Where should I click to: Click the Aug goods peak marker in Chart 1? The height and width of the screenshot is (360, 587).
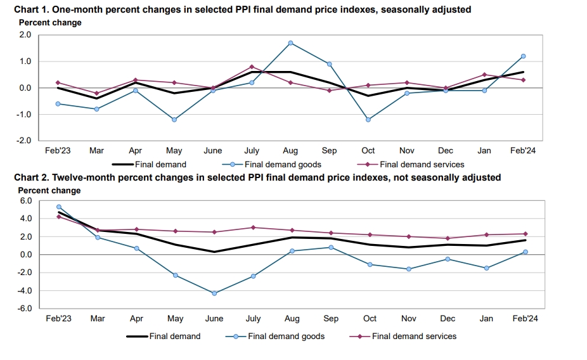pyautogui.click(x=290, y=43)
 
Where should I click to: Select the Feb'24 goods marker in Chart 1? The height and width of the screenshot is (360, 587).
pyautogui.click(x=523, y=56)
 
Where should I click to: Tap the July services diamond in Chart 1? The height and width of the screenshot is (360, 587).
pyautogui.click(x=252, y=67)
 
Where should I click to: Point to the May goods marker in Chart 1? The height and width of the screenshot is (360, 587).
pyautogui.click(x=174, y=119)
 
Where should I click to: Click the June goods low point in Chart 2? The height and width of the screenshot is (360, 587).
pyautogui.click(x=214, y=293)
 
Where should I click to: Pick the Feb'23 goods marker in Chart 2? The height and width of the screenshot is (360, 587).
pyautogui.click(x=59, y=207)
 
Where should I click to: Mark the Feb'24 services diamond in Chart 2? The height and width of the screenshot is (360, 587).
pyautogui.click(x=526, y=234)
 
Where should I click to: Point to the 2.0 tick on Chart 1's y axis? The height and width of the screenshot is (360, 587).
pyautogui.click(x=25, y=35)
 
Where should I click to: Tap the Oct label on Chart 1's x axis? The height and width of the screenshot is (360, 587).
pyautogui.click(x=368, y=151)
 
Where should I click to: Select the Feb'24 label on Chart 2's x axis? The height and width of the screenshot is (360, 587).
pyautogui.click(x=525, y=319)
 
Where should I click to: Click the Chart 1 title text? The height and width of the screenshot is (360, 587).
pyautogui.click(x=242, y=10)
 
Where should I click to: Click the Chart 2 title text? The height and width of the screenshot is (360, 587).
pyautogui.click(x=257, y=177)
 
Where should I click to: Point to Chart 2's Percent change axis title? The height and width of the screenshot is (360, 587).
pyautogui.click(x=49, y=190)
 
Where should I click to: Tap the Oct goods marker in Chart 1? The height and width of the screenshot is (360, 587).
pyautogui.click(x=368, y=119)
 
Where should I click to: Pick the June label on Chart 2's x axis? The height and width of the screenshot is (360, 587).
pyautogui.click(x=214, y=319)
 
